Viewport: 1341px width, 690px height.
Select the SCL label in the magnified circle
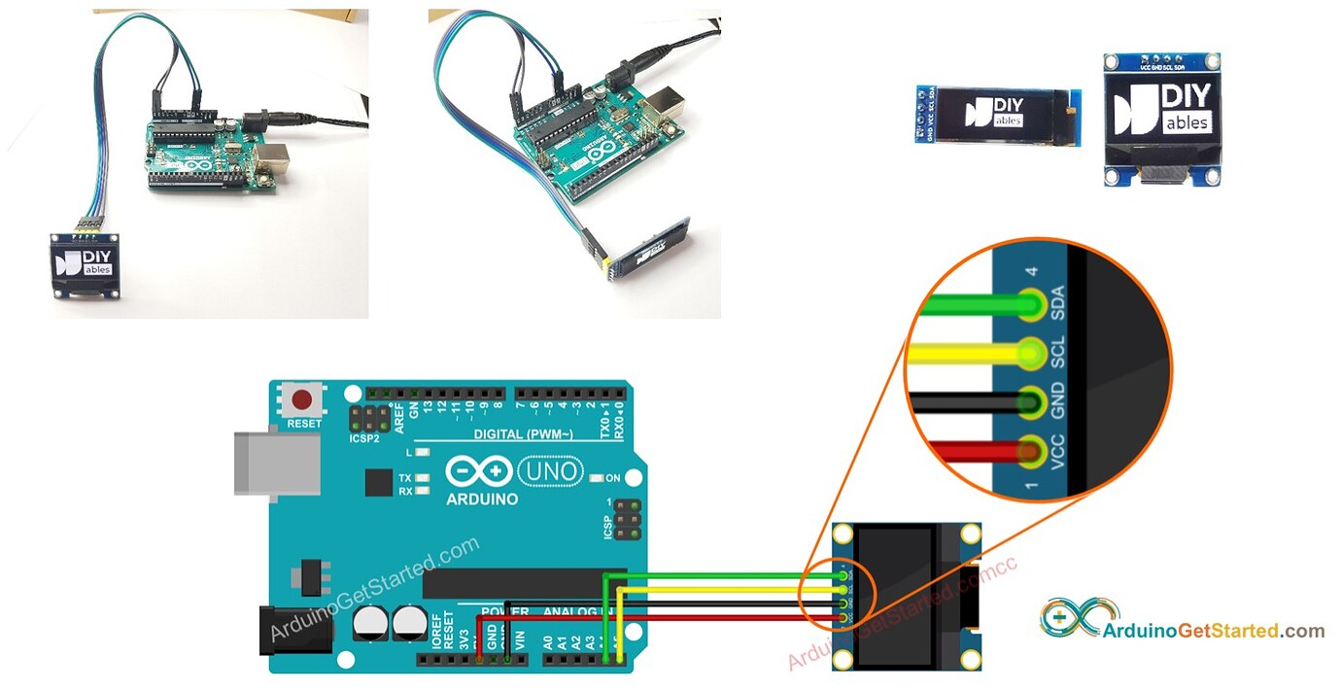[1058, 353]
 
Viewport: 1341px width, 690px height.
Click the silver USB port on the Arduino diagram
[276, 463]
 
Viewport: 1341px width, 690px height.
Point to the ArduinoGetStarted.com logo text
[1213, 631]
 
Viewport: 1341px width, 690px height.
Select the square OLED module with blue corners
[1161, 119]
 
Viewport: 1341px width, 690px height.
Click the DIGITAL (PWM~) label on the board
[523, 433]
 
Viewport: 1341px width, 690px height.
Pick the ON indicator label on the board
[613, 478]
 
